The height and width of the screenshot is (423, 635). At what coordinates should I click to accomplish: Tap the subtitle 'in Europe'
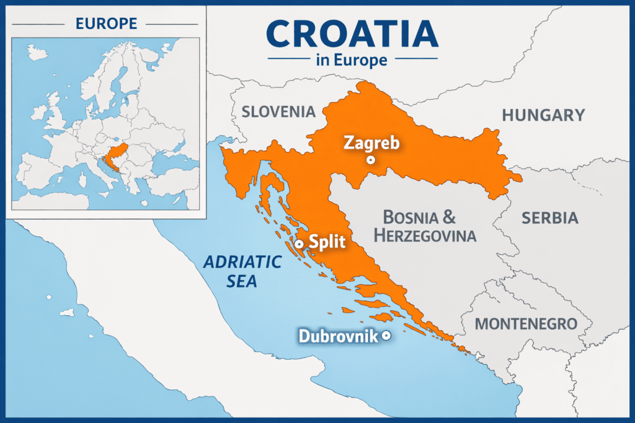click(352, 60)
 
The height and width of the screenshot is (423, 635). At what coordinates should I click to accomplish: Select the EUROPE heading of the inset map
click(106, 24)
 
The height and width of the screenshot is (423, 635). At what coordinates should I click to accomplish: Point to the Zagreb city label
click(371, 144)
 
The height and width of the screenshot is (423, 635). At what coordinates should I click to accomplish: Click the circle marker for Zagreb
click(371, 160)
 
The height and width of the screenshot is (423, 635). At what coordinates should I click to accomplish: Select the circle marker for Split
click(299, 244)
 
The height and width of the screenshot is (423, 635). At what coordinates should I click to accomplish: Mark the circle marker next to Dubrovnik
click(386, 336)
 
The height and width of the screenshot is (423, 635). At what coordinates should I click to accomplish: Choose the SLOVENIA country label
click(278, 112)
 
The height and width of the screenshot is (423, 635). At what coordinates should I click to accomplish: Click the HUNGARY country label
click(543, 115)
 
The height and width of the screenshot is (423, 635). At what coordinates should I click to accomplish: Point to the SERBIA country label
click(550, 218)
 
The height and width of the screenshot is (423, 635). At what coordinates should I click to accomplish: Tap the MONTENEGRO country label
click(526, 324)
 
